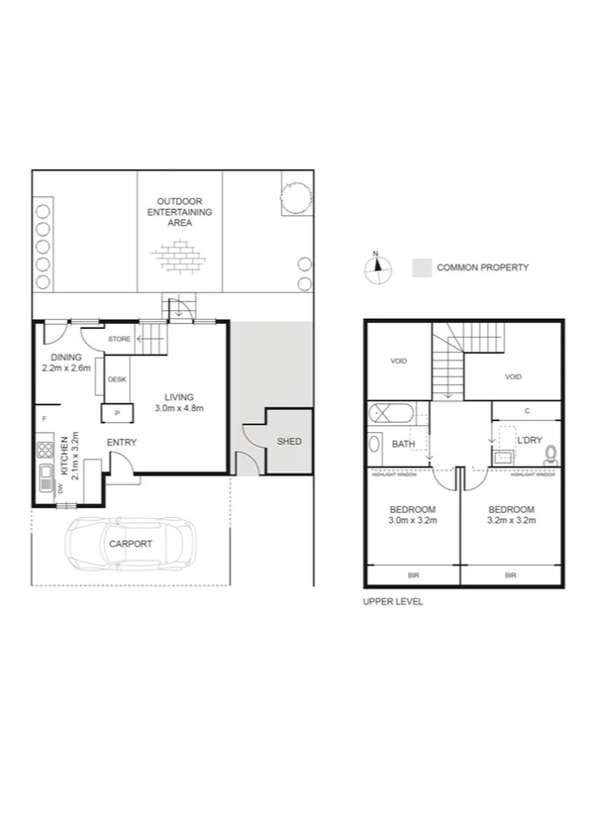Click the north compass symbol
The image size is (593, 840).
(375, 269)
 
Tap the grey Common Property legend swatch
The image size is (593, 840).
(422, 267)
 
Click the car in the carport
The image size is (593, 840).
(131, 544)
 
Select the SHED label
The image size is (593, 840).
(289, 442)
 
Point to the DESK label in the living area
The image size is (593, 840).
(117, 379)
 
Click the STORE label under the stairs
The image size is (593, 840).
(120, 340)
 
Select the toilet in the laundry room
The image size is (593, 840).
(550, 456)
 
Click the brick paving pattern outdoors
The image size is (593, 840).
(178, 259)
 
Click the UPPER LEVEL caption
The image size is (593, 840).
(394, 601)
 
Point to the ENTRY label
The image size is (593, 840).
(121, 442)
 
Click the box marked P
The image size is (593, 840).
(117, 413)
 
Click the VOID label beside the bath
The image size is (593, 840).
(397, 362)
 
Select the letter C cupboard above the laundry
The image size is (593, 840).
(527, 411)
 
